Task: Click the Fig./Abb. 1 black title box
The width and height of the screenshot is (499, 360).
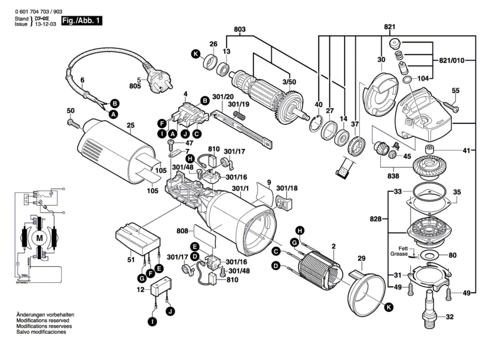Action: point(82,21)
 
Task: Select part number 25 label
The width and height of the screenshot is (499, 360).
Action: point(131,125)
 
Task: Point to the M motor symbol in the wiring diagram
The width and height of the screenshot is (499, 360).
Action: point(40,238)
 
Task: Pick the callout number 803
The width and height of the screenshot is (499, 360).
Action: point(240,29)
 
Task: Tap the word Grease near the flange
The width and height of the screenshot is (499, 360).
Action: point(399,254)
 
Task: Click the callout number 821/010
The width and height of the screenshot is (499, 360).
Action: point(452,60)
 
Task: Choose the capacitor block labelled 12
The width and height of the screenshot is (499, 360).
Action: point(161,289)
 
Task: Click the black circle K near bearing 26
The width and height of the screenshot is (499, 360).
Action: point(196,54)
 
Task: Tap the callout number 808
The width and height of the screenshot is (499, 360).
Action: point(182,231)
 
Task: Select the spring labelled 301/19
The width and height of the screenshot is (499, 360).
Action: point(240,115)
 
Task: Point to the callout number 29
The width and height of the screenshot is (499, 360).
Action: point(361,258)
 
